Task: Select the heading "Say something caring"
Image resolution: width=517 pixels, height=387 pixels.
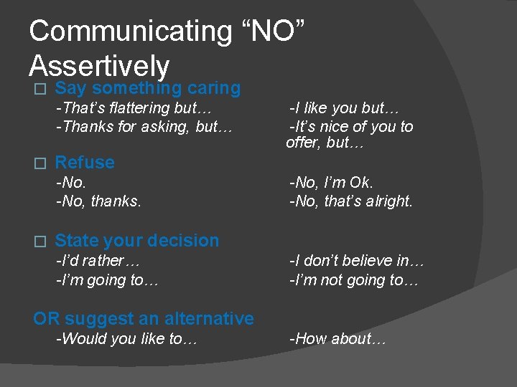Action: (147, 88)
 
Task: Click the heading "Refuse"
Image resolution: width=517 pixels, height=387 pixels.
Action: (84, 163)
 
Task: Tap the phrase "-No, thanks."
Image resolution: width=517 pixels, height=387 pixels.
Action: (98, 201)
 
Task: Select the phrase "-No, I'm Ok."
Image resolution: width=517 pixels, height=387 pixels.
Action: (331, 183)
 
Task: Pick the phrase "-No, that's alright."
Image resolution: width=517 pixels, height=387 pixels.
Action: (350, 201)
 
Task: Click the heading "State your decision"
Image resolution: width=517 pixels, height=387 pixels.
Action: (136, 241)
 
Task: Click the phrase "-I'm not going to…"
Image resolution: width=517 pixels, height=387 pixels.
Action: (353, 280)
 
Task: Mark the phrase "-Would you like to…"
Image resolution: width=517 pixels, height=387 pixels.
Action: (126, 339)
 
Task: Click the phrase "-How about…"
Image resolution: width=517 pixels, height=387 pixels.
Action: (337, 339)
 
